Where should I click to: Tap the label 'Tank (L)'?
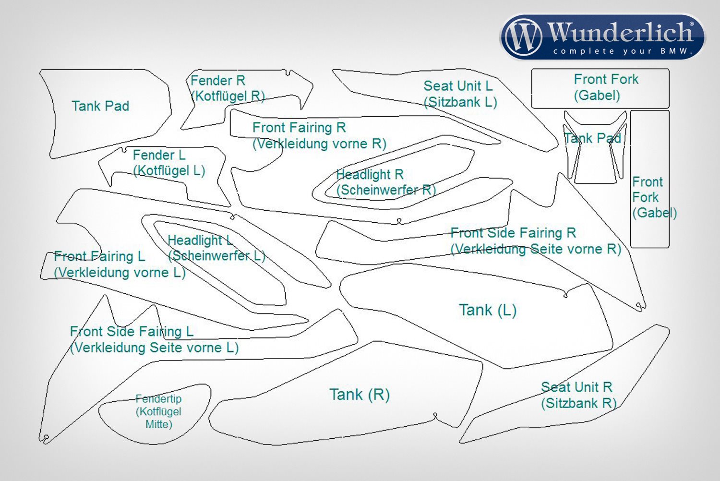point(487,310)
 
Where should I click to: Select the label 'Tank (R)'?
point(360,395)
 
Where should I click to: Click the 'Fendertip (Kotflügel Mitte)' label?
point(158,411)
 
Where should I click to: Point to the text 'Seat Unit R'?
point(576,387)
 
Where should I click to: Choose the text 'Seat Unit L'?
point(458,86)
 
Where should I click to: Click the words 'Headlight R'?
point(370,174)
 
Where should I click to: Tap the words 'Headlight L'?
point(200,240)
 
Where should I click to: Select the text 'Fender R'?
point(217,80)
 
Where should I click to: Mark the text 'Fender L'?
point(159,155)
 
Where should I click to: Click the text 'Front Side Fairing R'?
point(513,233)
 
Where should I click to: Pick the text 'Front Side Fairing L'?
point(132,331)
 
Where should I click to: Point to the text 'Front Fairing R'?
point(299,128)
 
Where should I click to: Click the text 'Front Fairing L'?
point(99,256)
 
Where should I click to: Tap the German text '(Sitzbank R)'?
point(578,403)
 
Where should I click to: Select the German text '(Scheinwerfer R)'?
point(386,190)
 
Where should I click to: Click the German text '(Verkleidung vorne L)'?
point(120,273)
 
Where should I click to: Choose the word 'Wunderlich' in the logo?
point(620,32)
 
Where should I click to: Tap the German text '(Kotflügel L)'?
point(169,170)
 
